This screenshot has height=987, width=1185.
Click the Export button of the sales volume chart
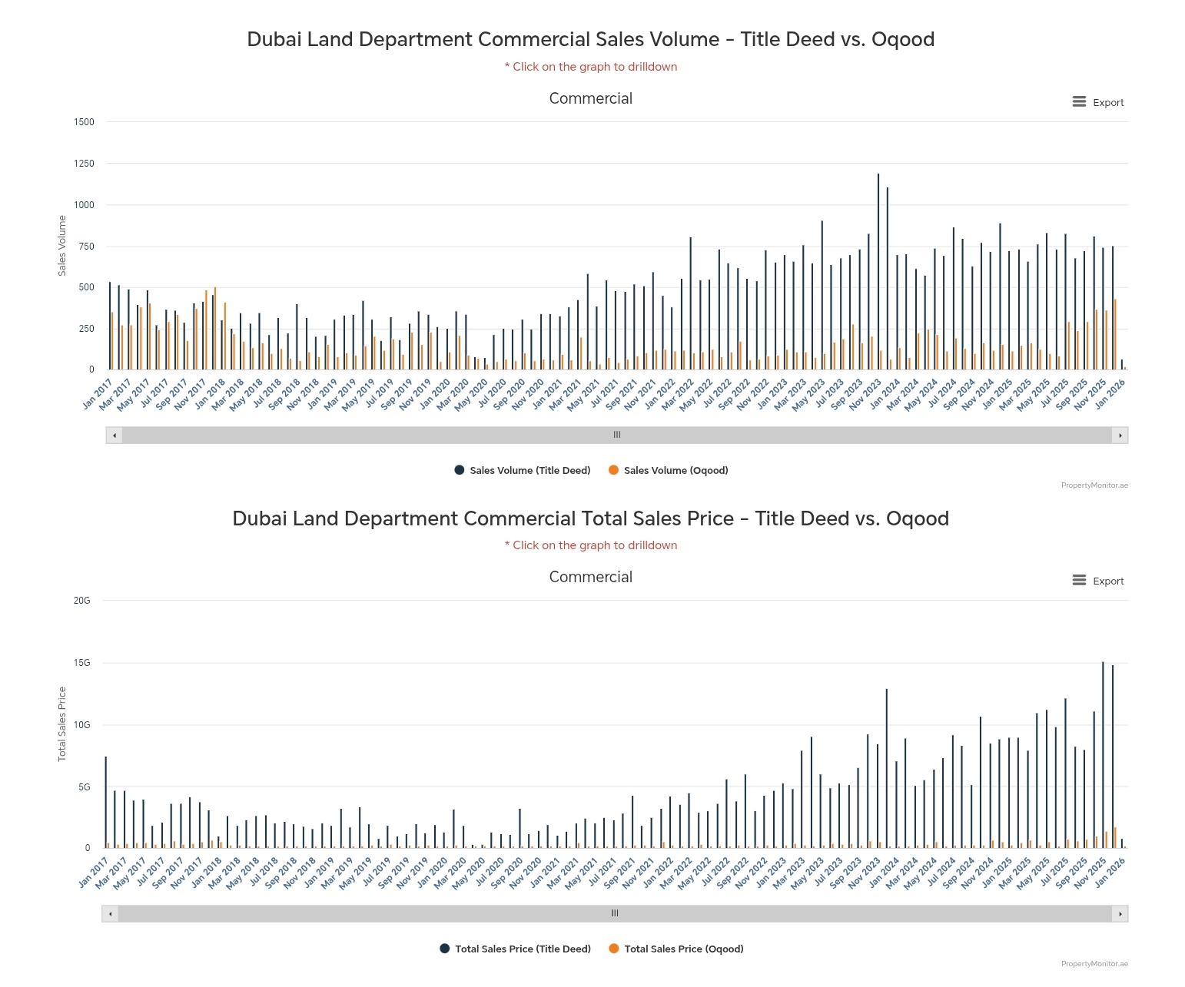click(x=1098, y=102)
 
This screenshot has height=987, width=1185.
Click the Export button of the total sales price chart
click(x=1098, y=581)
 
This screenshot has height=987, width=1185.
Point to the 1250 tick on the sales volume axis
click(x=85, y=164)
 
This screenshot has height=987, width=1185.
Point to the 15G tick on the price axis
click(x=81, y=663)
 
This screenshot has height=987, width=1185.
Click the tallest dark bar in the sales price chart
click(x=1103, y=753)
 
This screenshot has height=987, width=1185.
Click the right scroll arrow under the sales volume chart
click(x=1120, y=436)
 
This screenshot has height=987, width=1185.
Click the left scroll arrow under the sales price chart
click(x=111, y=914)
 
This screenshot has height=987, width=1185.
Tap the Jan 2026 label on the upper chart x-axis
click(x=1110, y=393)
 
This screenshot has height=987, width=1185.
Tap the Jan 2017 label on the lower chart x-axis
click(x=94, y=873)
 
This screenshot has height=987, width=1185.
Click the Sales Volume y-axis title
click(x=62, y=246)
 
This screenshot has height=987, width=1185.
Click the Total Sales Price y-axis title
click(x=62, y=724)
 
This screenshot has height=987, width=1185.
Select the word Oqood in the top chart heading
click(x=903, y=39)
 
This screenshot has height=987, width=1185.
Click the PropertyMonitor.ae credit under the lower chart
click(x=1094, y=964)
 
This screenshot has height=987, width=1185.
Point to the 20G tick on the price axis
click(x=81, y=601)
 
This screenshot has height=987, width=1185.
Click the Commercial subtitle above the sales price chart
click(x=590, y=577)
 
